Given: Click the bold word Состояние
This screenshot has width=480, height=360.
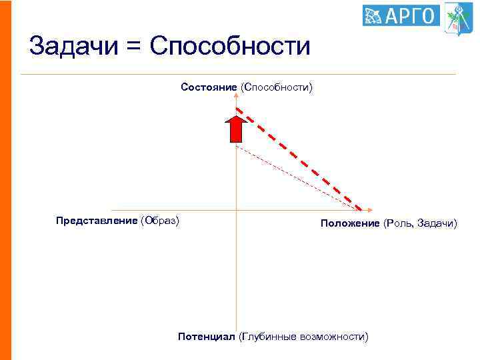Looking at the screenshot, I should tap(209, 87).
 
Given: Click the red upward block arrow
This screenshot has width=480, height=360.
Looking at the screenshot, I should tap(235, 129).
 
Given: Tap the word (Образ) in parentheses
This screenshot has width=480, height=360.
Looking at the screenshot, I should tap(160, 221).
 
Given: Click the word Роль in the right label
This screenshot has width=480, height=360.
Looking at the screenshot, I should tap(399, 223).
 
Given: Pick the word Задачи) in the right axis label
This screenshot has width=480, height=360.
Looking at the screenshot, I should tap(437, 223).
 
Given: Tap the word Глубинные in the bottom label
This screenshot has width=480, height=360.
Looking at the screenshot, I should tap(269, 337).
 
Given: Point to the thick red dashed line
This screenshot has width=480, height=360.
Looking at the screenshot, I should tap(300, 160).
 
